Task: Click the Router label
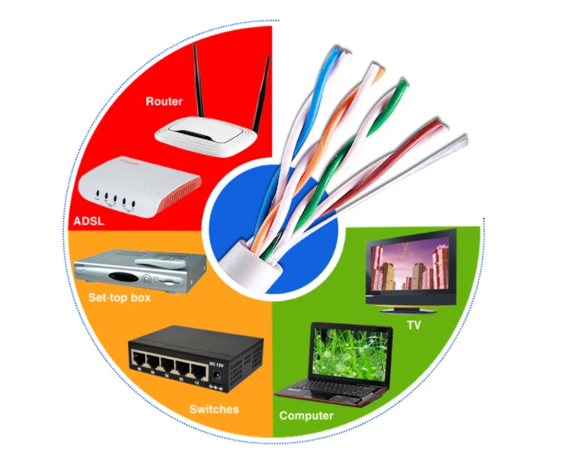click(164, 101)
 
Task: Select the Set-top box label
click(119, 296)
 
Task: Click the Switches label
click(213, 409)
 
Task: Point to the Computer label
click(306, 416)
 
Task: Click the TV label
click(413, 326)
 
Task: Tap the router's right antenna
click(262, 85)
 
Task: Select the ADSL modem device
click(139, 189)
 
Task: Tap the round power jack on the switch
click(222, 377)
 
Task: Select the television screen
click(410, 266)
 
